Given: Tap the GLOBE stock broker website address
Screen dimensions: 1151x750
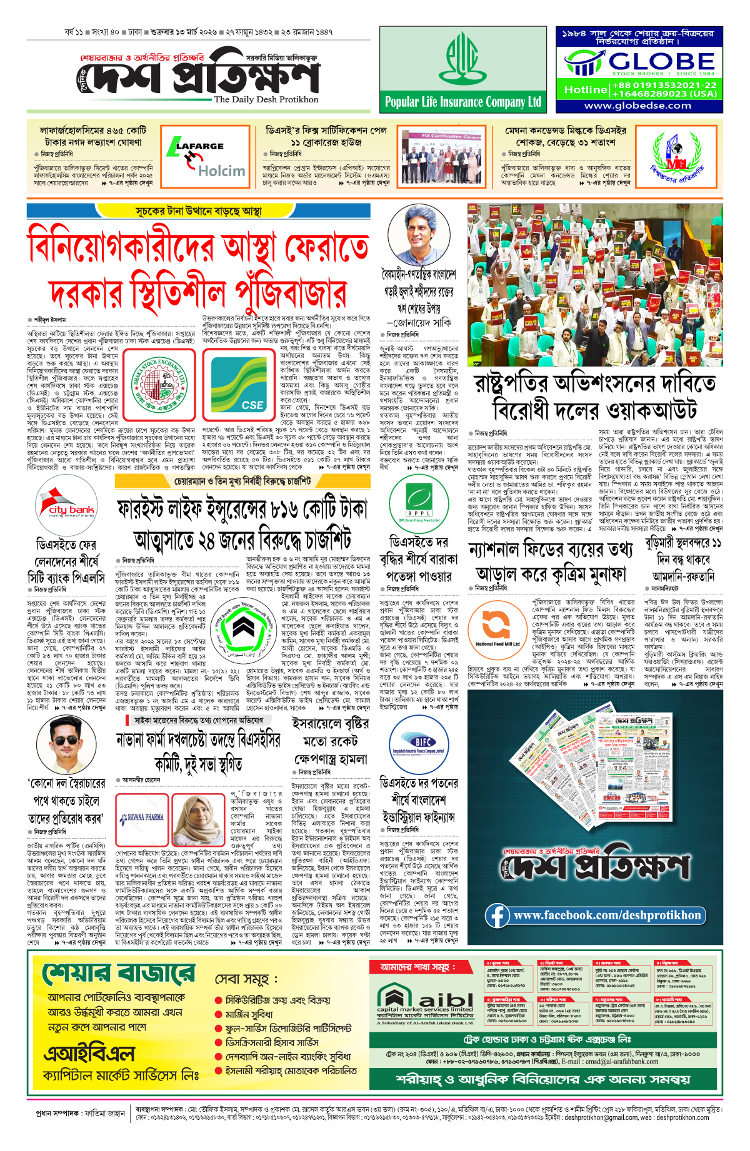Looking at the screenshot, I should (x=637, y=106).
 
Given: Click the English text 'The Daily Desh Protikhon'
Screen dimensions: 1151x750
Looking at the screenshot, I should (x=266, y=99).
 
